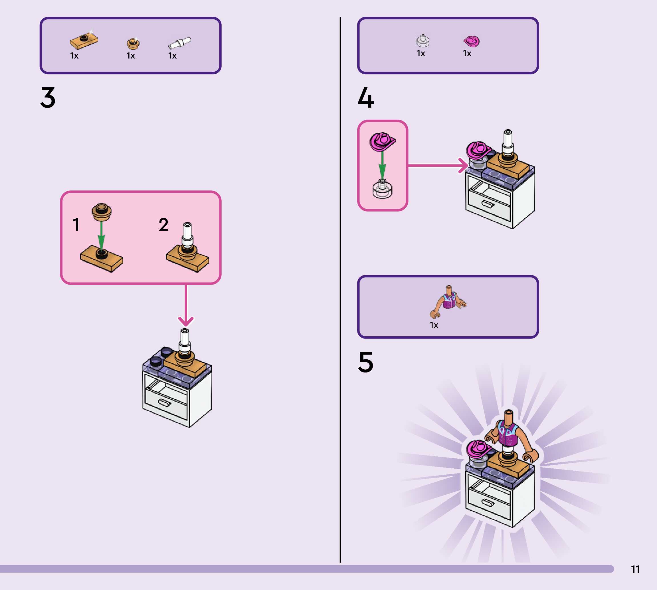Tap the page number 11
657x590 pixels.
click(635, 569)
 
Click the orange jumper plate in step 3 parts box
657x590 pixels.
click(84, 41)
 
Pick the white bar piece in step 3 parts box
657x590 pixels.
click(179, 43)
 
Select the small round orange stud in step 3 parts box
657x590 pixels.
click(133, 43)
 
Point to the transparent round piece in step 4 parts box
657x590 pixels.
click(423, 41)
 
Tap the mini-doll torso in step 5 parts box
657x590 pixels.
click(449, 301)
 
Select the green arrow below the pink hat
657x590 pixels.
click(382, 165)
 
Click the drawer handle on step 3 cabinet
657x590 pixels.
click(165, 403)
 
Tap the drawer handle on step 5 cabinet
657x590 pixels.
click(488, 502)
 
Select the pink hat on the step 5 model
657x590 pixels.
click(478, 449)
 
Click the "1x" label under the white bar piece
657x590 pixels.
click(172, 56)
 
